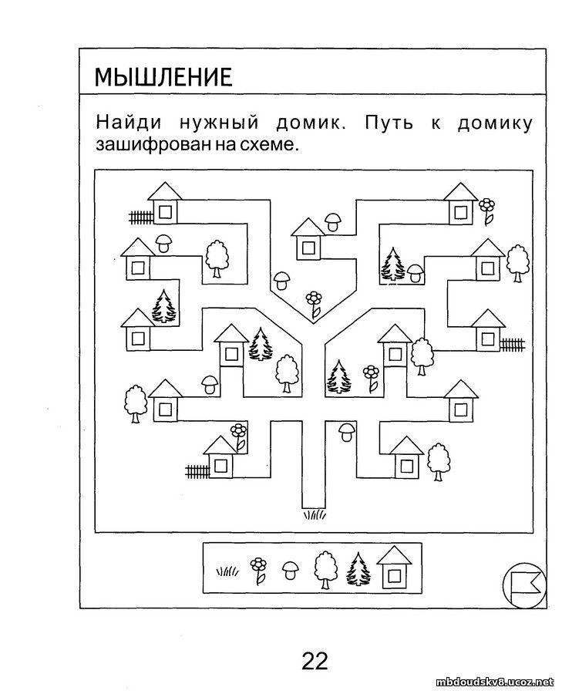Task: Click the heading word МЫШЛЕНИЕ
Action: click(163, 77)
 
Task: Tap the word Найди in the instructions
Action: click(129, 122)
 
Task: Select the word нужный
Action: click(219, 123)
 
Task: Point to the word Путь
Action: click(389, 122)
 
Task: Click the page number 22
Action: click(315, 661)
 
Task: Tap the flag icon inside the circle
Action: click(526, 585)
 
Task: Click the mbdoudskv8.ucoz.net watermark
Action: click(495, 681)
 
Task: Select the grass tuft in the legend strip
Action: click(227, 571)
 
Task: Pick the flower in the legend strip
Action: click(258, 571)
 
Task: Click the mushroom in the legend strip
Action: click(291, 571)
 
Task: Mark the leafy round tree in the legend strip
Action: click(325, 570)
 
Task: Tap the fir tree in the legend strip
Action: click(358, 569)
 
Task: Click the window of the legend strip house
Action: click(394, 575)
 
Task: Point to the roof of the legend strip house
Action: click(394, 554)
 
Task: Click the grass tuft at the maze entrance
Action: click(315, 514)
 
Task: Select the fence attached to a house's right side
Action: click(513, 344)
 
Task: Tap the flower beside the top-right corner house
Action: click(486, 211)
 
